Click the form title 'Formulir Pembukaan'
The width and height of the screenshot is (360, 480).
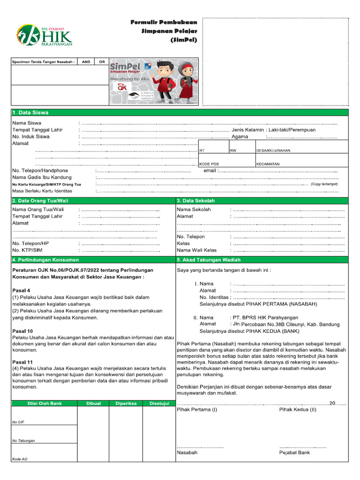[x=163, y=22]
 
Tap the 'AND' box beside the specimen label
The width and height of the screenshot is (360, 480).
[x=86, y=61]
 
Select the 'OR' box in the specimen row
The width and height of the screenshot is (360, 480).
[x=102, y=61]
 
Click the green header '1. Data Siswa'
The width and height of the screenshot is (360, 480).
[x=30, y=112]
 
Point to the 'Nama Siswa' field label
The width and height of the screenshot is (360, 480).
[x=27, y=123]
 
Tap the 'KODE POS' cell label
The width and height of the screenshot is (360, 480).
[x=209, y=164]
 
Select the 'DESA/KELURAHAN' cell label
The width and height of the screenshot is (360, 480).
[x=273, y=150]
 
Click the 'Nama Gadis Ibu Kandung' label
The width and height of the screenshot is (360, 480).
[x=42, y=178]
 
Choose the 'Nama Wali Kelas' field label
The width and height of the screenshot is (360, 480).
[x=197, y=250]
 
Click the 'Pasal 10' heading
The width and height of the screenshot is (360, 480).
[x=22, y=331]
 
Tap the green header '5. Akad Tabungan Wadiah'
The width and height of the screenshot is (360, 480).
[x=209, y=260]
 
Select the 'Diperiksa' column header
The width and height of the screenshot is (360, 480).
[x=125, y=403]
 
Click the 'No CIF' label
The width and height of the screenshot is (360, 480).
[x=18, y=422]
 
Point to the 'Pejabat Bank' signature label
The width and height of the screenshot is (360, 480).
[x=294, y=453]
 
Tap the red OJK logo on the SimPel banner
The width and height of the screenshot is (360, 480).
[x=122, y=87]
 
